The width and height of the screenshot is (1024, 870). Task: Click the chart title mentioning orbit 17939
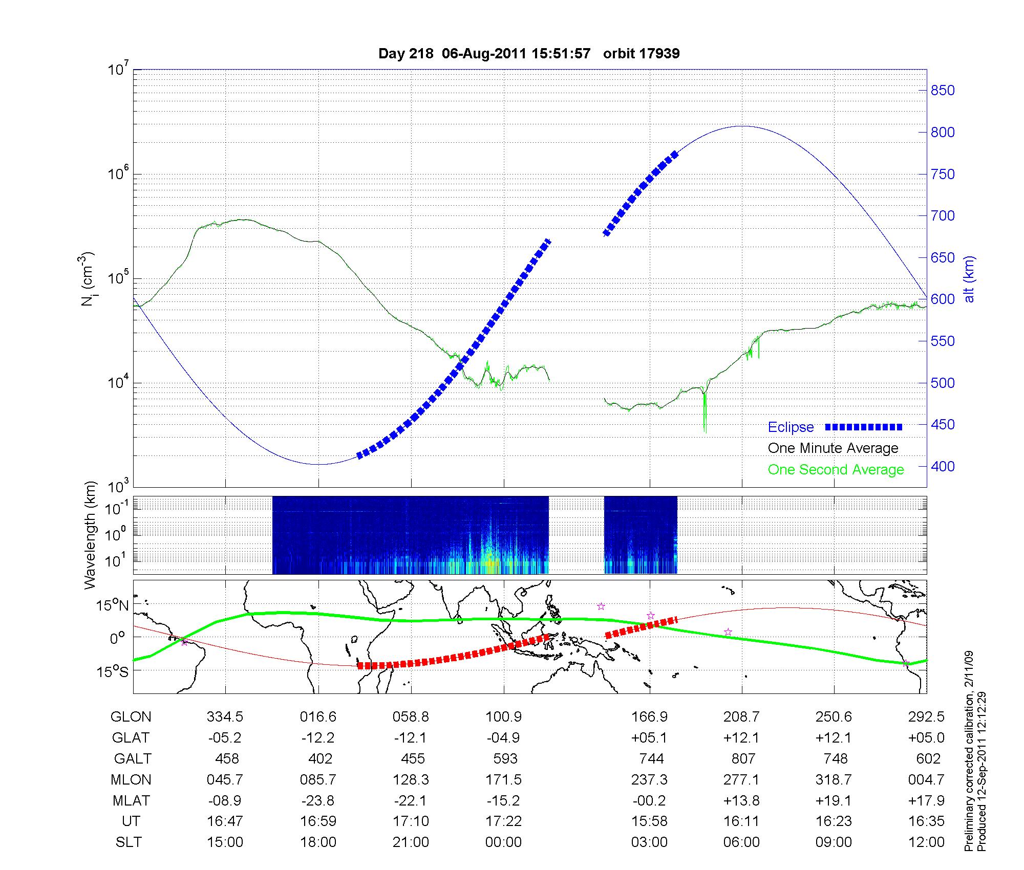coord(529,54)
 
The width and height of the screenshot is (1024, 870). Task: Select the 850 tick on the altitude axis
coord(943,91)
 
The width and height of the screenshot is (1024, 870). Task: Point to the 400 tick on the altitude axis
coord(943,466)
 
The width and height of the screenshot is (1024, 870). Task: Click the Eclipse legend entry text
coord(791,427)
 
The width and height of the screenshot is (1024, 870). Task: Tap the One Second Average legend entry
coord(836,470)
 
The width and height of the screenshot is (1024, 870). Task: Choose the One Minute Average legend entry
coord(833,448)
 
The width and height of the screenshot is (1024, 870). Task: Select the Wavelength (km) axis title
coord(90,535)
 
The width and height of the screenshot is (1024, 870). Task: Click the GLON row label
coord(131,717)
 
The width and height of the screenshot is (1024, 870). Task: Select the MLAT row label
coord(131,800)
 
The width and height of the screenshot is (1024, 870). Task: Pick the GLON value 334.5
coord(225,717)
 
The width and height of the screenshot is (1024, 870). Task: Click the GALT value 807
coord(743,758)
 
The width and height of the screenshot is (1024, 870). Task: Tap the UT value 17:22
coord(504,821)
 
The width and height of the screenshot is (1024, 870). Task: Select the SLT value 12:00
coord(928,842)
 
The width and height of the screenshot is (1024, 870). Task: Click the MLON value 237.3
coord(649,779)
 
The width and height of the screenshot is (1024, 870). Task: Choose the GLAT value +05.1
coord(649,738)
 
